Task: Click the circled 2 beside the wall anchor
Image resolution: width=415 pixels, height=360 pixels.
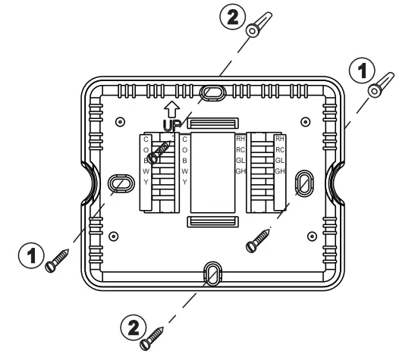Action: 233,17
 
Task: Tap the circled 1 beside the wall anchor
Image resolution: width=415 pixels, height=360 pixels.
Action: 362,70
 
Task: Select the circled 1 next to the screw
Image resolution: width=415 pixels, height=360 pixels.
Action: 31,255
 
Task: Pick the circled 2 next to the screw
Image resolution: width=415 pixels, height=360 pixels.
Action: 134,327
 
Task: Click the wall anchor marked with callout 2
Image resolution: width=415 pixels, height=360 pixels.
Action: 259,24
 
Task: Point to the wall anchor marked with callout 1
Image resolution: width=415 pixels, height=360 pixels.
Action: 381,85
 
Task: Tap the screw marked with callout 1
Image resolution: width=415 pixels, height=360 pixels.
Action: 57,261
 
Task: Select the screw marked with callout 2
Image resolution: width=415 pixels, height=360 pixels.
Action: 152,339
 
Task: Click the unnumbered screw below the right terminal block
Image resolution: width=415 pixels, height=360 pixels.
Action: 258,241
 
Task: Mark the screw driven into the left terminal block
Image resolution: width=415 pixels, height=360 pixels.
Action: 159,153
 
